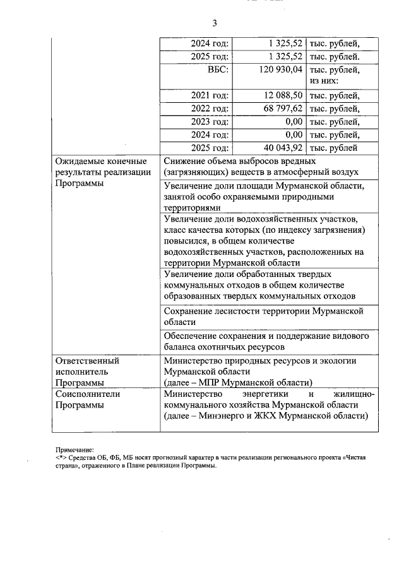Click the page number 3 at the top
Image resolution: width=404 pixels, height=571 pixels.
[214, 23]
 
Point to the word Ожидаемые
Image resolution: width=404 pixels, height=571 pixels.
[78, 162]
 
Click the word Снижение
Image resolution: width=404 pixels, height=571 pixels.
[184, 162]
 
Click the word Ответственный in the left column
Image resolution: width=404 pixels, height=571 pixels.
[87, 361]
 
